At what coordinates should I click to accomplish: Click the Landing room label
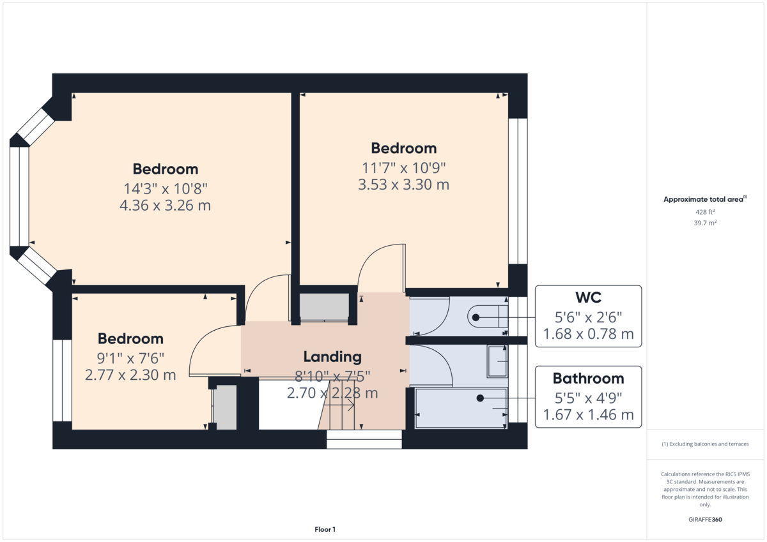coord(332,357)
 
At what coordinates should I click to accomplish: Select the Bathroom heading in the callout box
coord(588,379)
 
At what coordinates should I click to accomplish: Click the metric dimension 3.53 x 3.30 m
coord(403,185)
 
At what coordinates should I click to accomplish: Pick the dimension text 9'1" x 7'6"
coord(130,358)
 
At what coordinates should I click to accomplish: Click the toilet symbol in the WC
coord(489,317)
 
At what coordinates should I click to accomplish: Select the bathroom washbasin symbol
coord(497,361)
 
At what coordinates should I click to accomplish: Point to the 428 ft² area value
coord(705,212)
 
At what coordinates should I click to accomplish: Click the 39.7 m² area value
coord(706,223)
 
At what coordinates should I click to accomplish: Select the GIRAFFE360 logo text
coord(705,520)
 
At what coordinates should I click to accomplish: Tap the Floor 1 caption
coord(325,529)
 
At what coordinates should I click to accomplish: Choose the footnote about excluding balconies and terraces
coord(705,444)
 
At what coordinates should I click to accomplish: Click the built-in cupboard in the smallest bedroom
coord(225,408)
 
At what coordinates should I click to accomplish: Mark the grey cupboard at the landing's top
coord(324,306)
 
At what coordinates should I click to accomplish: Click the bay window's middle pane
coord(19,197)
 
